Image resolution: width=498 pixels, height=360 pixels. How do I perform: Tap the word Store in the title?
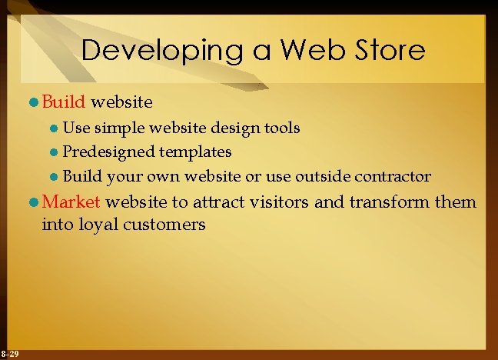coord(387,51)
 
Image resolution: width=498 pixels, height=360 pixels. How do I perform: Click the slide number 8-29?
coord(11,353)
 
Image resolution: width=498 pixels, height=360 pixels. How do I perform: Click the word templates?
coord(197,152)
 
